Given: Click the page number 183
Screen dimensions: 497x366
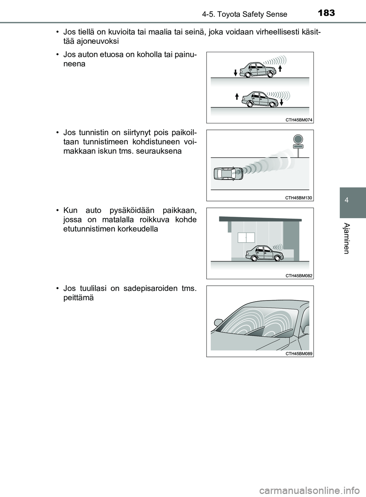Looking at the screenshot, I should coord(326,13).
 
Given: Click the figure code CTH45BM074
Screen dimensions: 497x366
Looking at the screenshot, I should coord(299,120).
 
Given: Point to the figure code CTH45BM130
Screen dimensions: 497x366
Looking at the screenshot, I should coord(299,197).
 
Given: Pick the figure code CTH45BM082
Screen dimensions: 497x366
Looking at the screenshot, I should coord(299,275).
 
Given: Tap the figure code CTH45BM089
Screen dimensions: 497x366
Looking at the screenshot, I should coord(299,353).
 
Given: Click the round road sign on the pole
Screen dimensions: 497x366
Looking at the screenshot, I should coord(298,139).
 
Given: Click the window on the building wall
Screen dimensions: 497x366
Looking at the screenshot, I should coord(246,237).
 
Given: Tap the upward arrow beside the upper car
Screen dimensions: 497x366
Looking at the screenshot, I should coord(280,69).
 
